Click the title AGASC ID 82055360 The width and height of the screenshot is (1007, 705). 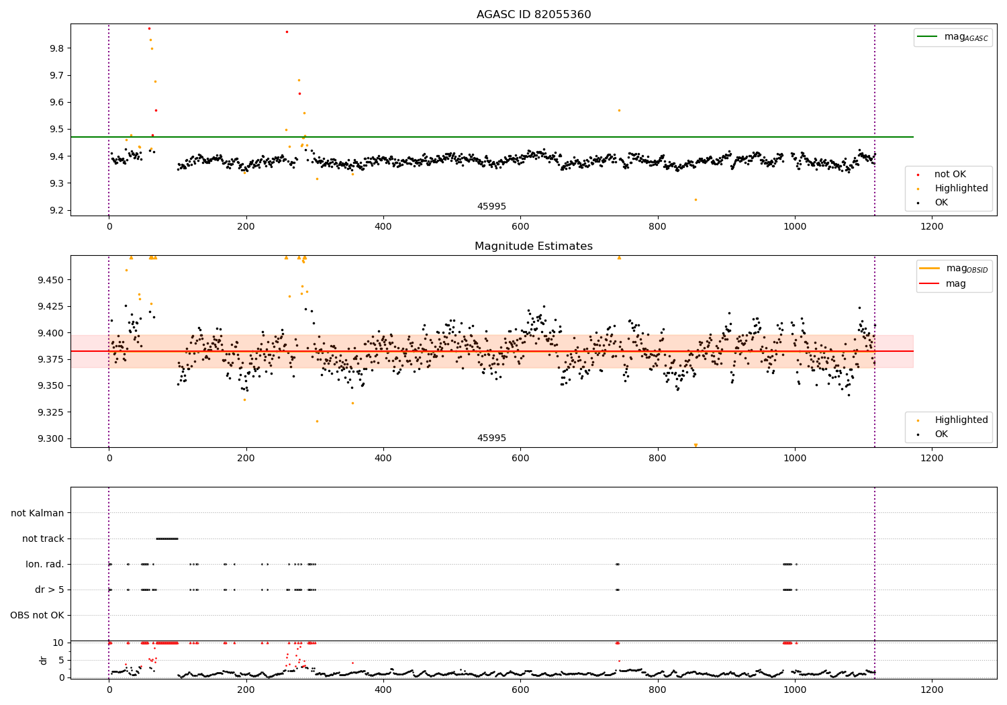[534, 15]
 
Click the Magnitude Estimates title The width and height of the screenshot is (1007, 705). [534, 246]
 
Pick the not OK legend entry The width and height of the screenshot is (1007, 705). [950, 175]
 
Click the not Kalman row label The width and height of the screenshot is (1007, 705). [38, 513]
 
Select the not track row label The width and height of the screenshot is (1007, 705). [43, 538]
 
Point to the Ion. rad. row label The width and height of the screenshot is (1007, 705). [45, 564]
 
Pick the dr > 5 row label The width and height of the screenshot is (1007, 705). [49, 590]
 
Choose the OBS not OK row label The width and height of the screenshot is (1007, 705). [37, 615]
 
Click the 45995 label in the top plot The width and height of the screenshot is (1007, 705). [491, 207]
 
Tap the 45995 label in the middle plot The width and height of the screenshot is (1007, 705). [491, 438]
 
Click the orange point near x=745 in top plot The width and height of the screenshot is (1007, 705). [619, 110]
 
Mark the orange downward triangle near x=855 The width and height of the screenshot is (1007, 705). [696, 445]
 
